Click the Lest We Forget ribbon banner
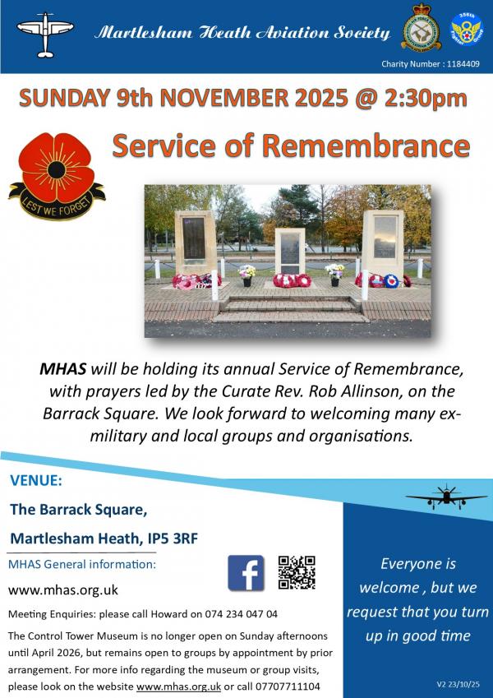57,196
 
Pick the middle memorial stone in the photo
289,250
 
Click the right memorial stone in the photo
383,241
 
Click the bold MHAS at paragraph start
62,369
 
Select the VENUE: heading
35,480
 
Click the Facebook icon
246,572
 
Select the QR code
297,572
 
